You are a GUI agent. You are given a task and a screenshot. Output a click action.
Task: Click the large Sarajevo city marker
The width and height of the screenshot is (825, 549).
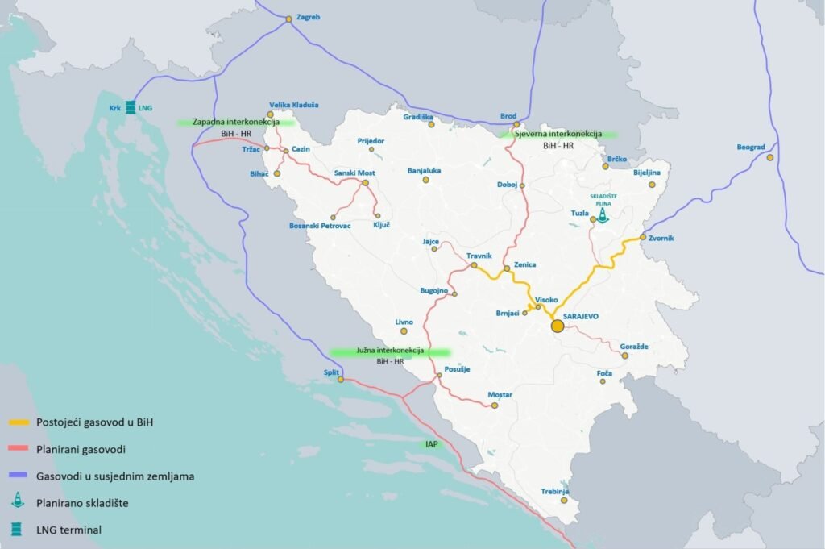point(557,326)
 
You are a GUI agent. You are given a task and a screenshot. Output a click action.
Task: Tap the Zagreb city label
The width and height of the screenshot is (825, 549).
point(309,17)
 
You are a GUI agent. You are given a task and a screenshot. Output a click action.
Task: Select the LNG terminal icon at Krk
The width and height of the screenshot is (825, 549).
point(129,106)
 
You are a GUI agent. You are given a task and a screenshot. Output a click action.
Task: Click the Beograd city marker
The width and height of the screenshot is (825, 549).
point(770,157)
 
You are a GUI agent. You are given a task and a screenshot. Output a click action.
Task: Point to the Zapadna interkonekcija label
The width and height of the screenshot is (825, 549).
point(235,123)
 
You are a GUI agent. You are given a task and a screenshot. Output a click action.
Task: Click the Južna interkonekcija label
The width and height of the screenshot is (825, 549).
point(389,351)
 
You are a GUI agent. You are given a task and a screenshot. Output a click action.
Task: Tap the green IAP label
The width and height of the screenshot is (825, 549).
point(433,443)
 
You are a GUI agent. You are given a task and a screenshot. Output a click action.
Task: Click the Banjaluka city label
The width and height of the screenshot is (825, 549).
point(425,171)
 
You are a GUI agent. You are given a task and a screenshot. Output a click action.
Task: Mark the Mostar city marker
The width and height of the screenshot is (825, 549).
point(495,406)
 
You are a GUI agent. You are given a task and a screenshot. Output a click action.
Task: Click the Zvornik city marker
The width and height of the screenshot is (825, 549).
point(642,237)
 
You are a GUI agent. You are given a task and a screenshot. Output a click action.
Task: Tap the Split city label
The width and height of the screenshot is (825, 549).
point(331,372)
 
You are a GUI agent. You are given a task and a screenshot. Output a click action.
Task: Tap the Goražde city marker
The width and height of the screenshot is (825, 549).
point(624,355)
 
